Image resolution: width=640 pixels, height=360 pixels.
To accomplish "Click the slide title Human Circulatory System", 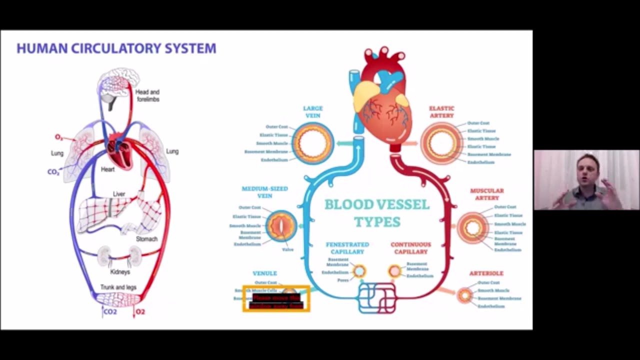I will (x=116, y=48).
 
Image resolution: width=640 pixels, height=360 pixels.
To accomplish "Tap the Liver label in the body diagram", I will (x=119, y=194).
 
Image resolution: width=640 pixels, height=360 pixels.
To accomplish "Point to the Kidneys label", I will (x=120, y=272).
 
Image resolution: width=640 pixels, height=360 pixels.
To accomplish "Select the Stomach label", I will (x=146, y=239).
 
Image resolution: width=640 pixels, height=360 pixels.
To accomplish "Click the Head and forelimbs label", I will (x=147, y=95).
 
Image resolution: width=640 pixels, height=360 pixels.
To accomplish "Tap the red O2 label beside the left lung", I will (x=59, y=137).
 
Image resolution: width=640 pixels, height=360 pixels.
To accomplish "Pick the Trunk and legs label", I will (x=118, y=287).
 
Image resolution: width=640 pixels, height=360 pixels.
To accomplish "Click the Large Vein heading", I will (x=313, y=112).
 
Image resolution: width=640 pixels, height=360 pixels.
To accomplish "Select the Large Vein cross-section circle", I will (x=313, y=143).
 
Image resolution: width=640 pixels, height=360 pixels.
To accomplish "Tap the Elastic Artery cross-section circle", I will (x=441, y=143).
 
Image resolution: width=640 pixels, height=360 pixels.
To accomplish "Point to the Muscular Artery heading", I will (x=486, y=194).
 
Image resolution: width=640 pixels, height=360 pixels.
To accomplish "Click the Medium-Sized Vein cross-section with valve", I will (x=281, y=226).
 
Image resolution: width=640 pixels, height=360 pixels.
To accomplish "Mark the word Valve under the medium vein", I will (x=287, y=249).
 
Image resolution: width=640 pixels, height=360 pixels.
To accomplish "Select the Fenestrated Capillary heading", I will (x=347, y=248).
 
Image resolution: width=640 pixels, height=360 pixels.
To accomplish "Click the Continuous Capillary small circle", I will (x=394, y=271).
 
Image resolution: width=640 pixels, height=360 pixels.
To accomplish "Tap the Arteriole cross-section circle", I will (x=465, y=295).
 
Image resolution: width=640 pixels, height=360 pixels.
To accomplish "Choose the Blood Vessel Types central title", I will (x=377, y=212).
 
